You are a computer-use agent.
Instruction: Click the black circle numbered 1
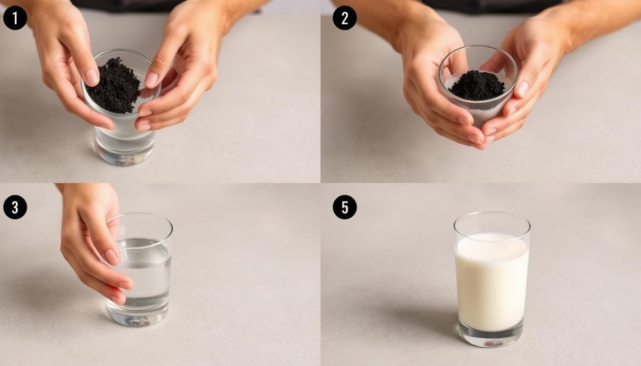coord(15,18)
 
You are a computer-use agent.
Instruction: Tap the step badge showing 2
coord(345,18)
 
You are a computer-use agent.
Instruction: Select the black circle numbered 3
coord(15,207)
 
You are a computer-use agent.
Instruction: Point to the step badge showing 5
coord(345,207)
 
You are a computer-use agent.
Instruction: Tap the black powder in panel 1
coord(114,85)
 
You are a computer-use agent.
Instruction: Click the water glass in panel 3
coord(140,269)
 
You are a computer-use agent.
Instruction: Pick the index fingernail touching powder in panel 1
coord(92,77)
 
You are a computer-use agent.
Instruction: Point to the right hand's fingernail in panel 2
coord(523,90)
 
